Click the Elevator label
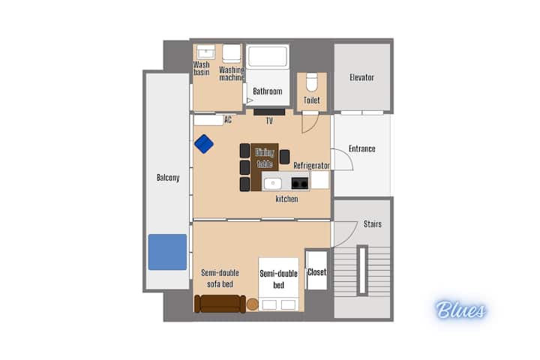[x=361, y=77]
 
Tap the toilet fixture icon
[x=312, y=82]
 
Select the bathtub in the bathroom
[x=268, y=56]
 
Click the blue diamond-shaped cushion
[x=204, y=144]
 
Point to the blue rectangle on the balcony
[x=168, y=252]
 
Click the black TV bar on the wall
[x=269, y=112]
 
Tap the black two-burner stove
[x=299, y=183]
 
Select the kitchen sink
[x=273, y=183]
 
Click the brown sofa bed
[x=220, y=304]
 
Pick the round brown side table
[x=253, y=304]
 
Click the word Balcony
[x=168, y=178]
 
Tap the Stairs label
[x=373, y=224]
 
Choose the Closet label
[x=316, y=272]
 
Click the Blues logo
[x=460, y=309]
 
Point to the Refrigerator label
[x=311, y=166]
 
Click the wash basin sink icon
[x=206, y=52]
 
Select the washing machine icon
[x=232, y=53]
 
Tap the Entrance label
[x=362, y=148]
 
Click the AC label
[x=228, y=120]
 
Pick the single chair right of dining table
[x=284, y=157]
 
